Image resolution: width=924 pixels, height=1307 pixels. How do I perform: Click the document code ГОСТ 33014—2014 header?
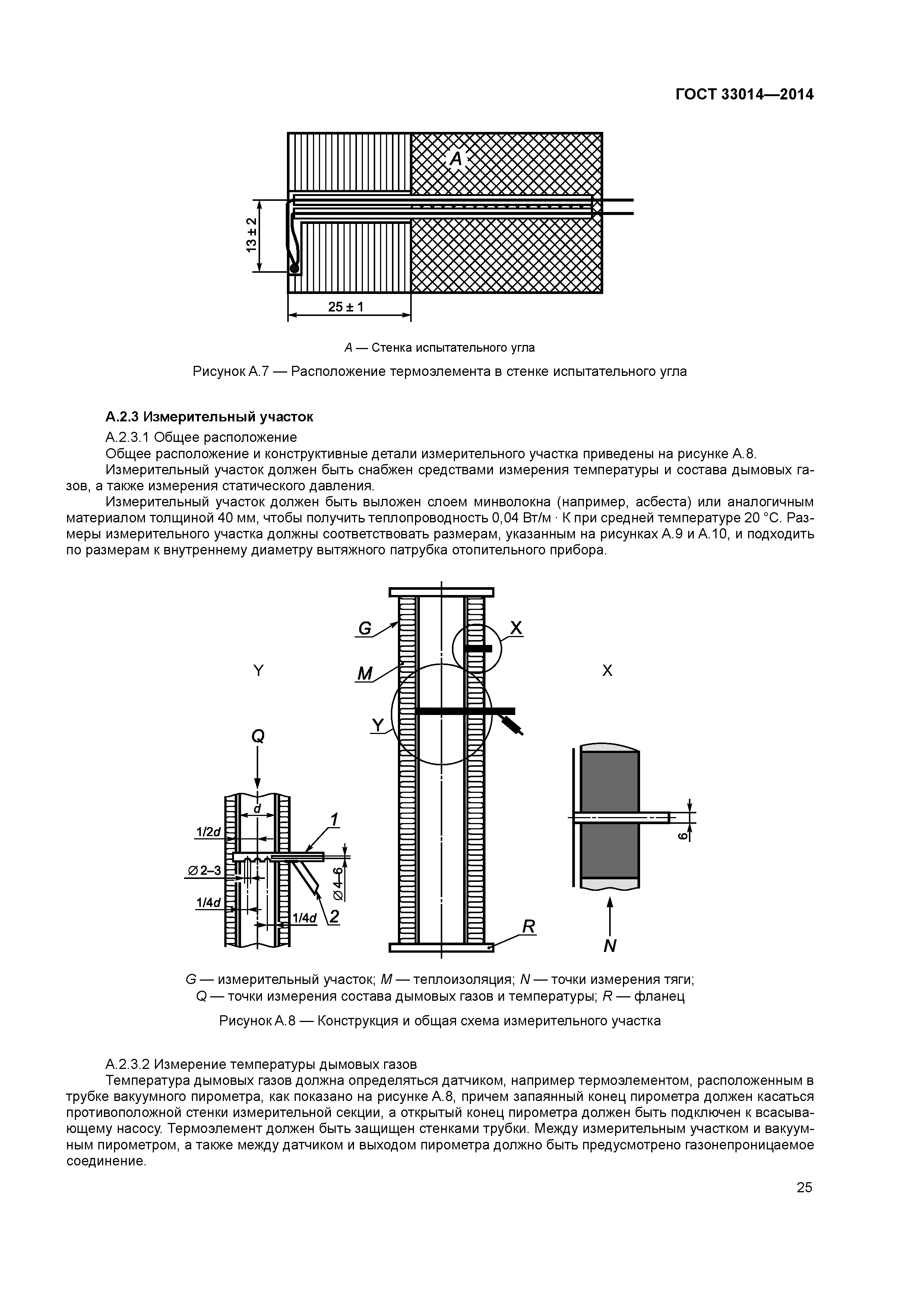(744, 95)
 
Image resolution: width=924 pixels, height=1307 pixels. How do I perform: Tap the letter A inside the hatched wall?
(456, 159)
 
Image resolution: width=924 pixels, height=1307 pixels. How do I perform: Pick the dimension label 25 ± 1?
(346, 307)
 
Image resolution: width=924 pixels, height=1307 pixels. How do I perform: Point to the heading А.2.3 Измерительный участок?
(209, 417)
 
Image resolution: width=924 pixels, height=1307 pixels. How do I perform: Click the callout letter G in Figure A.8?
(364, 629)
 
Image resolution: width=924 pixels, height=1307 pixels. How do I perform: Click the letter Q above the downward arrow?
(258, 737)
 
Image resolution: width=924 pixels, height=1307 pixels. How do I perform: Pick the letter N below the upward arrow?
(610, 946)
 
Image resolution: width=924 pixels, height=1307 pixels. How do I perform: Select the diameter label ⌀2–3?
(204, 870)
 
